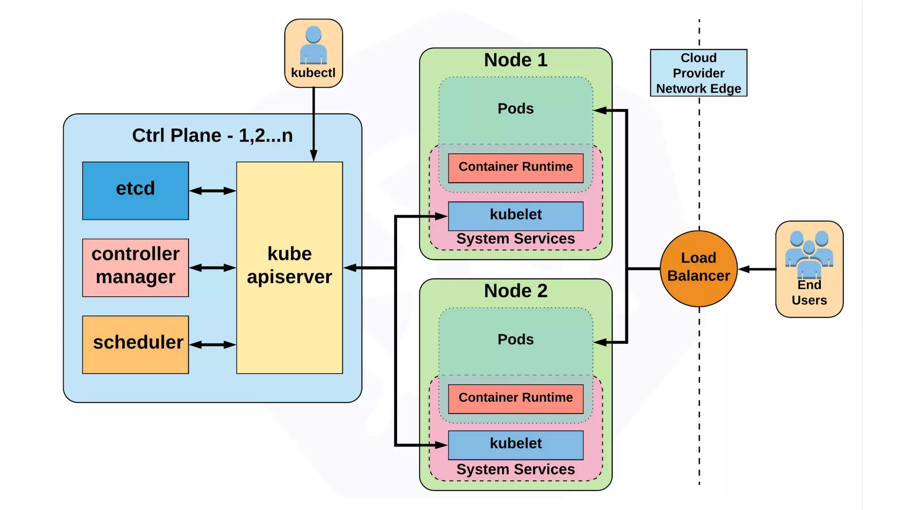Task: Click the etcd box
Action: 136,190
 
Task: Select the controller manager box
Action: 136,267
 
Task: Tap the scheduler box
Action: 136,344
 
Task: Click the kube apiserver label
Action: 289,265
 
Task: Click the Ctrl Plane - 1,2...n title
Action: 213,135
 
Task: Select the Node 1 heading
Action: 516,60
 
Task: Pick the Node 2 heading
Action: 516,291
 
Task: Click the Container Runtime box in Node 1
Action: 516,168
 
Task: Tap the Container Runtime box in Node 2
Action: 516,398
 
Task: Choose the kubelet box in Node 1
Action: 516,216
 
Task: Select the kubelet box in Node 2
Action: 516,444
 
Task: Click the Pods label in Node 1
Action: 516,108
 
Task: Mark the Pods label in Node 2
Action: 516,340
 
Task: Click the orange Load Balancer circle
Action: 698,268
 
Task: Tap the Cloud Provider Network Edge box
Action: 698,73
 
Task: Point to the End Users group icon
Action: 809,254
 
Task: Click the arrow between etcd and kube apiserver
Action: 213,191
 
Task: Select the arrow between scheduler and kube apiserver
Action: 213,345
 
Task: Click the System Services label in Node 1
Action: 516,239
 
